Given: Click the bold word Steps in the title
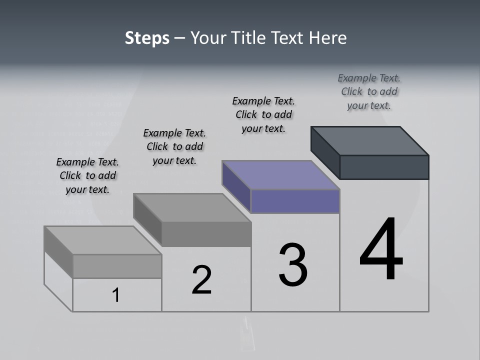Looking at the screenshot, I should (147, 38).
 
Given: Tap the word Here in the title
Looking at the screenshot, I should (328, 38).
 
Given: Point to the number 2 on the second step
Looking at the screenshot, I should (202, 279).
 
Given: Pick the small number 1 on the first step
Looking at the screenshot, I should (116, 295).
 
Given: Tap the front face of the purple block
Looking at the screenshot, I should (295, 201).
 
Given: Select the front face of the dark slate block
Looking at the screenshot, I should (384, 167).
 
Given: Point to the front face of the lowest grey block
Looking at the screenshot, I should (117, 266).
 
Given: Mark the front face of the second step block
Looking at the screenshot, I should (206, 234).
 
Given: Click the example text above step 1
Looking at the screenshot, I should (87, 176).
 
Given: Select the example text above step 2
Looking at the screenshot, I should (174, 146).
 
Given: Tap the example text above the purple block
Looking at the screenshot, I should (263, 114).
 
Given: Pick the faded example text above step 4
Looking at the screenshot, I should (369, 91).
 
